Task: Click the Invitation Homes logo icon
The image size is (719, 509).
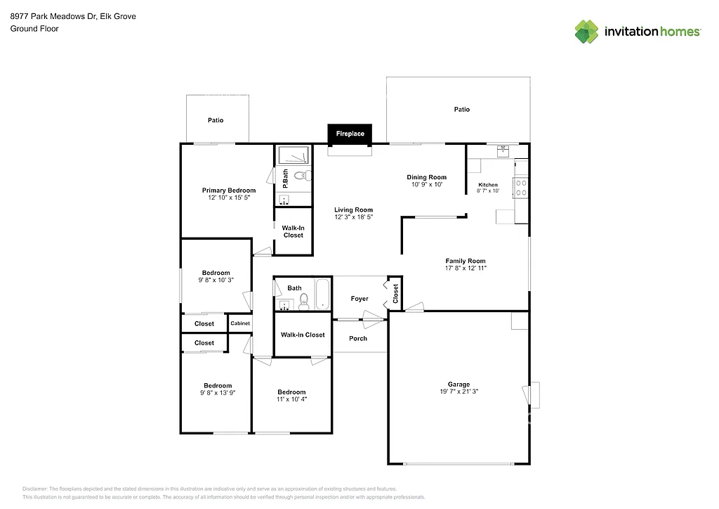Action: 586,32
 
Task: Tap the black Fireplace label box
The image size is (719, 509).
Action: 350,134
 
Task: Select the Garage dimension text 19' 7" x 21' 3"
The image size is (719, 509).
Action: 459,392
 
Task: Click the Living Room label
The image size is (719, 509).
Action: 353,210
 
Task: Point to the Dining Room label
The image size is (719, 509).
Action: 427,177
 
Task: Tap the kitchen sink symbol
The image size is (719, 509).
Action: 503,149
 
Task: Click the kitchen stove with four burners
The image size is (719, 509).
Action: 522,187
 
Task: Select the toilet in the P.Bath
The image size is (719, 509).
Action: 300,175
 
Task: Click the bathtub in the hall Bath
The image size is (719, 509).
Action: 321,295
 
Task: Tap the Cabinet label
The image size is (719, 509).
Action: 240,323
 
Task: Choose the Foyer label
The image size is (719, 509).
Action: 359,299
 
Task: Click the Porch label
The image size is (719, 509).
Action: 358,338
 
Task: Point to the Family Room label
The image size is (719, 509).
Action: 466,261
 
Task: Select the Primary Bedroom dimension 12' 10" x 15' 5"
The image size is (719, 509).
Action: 229,198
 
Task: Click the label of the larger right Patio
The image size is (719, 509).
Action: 461,109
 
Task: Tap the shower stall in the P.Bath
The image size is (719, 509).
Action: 293,155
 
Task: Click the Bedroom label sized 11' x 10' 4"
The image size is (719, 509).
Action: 291,392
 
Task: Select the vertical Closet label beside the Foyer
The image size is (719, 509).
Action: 395,293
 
